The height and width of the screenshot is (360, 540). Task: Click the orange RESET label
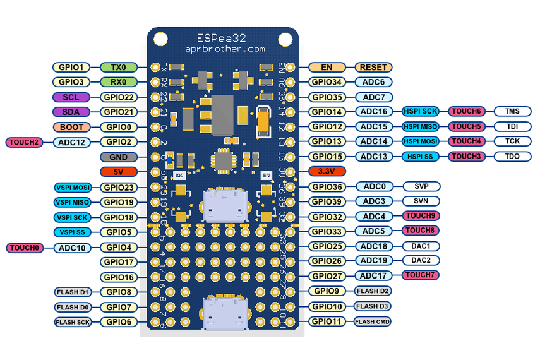(x=374, y=67)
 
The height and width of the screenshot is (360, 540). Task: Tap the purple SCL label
(x=72, y=97)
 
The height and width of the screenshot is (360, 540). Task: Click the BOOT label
(x=72, y=127)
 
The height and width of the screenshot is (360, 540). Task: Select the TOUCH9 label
(x=421, y=216)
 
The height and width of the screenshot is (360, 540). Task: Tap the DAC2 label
(x=421, y=260)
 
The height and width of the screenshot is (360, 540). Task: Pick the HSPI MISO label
(x=421, y=127)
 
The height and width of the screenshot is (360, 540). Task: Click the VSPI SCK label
(x=72, y=217)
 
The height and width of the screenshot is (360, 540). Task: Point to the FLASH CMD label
(x=373, y=321)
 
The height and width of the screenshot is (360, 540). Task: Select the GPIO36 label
(x=327, y=187)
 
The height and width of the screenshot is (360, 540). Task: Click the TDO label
(x=512, y=156)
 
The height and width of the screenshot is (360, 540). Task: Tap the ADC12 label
(x=72, y=142)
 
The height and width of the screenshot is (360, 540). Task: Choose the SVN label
(x=421, y=201)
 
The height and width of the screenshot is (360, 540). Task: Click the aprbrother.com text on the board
(x=222, y=49)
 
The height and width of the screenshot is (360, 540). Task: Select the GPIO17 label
(x=119, y=261)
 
